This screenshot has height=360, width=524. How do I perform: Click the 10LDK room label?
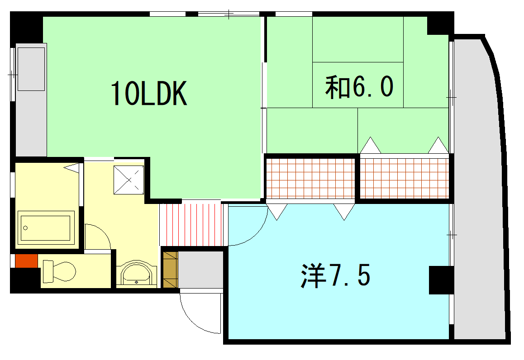pos(149,94)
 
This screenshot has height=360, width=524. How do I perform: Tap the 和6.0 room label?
pos(358,87)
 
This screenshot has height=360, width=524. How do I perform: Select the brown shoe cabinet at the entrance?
pos(170,270)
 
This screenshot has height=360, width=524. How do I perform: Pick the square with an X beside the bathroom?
pos(129,180)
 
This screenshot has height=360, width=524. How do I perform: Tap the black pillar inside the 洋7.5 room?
pos(440,280)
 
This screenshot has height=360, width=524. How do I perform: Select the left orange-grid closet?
pos(310,178)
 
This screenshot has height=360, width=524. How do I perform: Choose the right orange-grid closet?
pos(404,178)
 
